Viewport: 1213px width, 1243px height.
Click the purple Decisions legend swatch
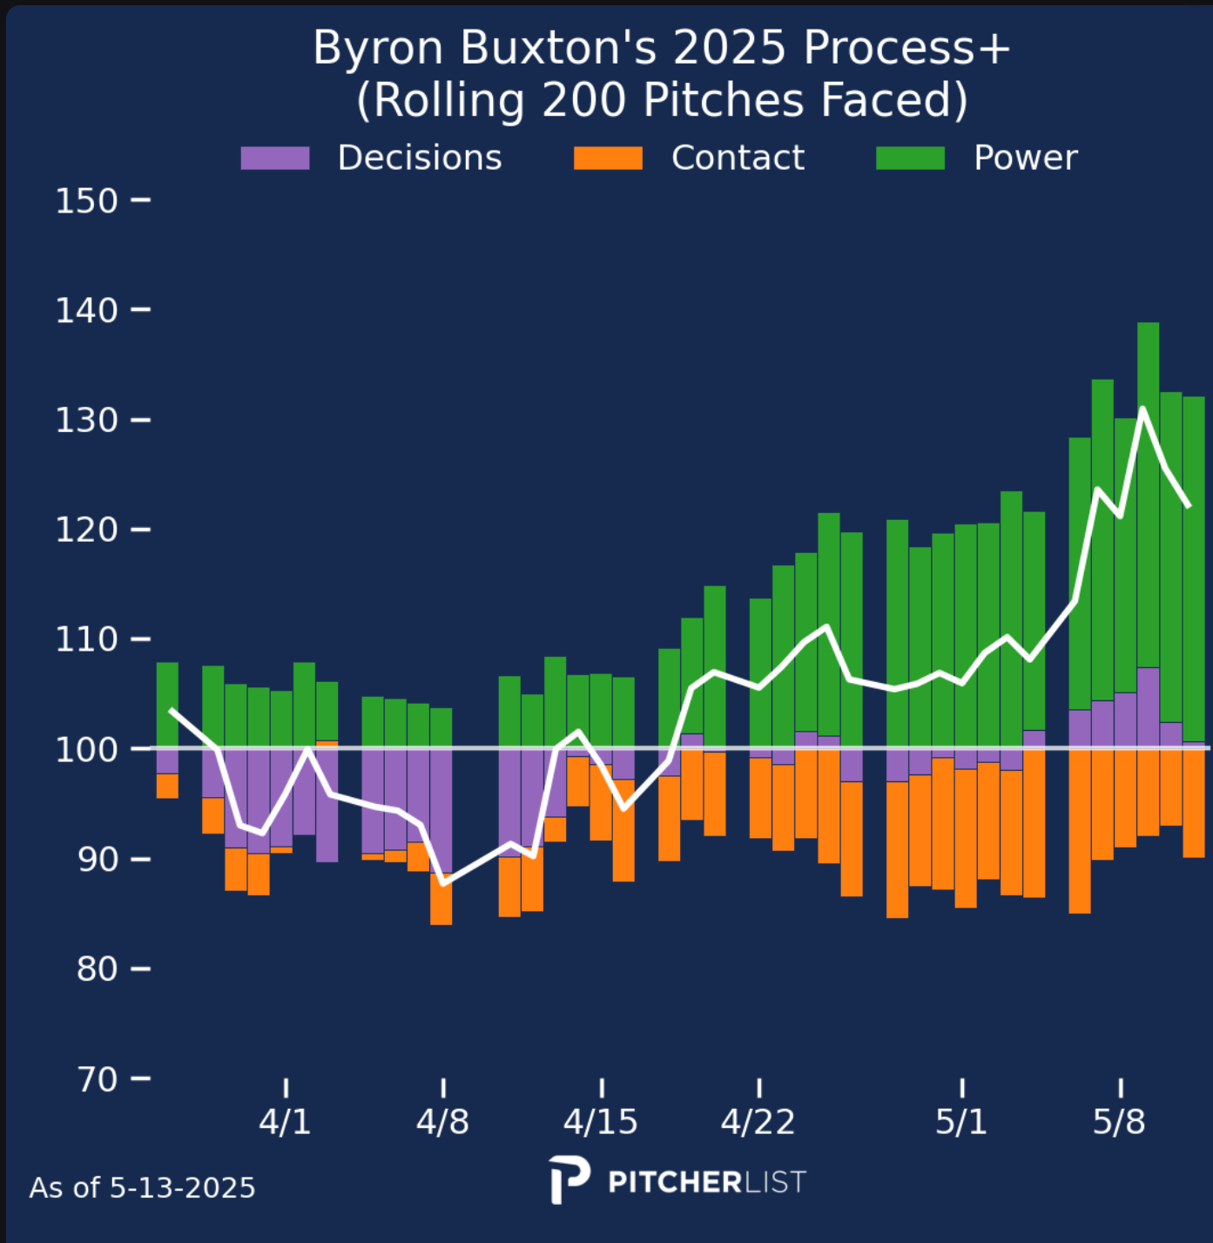pos(275,158)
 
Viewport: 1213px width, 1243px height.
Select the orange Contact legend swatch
pos(608,158)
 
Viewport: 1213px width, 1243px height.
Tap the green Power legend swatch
pos(910,158)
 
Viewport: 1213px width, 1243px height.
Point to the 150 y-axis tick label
pos(86,201)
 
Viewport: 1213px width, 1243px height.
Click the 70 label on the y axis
pos(97,1079)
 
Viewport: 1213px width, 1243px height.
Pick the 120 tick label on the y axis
pos(86,530)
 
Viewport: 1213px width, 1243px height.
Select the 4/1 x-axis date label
pos(285,1122)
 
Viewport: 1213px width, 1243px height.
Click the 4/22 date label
pos(758,1122)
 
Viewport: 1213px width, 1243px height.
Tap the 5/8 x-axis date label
pos(1119,1122)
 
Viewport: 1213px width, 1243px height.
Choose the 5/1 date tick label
pos(961,1122)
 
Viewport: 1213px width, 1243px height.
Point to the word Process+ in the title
pos(906,47)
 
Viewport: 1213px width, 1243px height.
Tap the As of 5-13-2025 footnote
pos(142,1188)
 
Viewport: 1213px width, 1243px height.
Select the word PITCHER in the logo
pos(674,1182)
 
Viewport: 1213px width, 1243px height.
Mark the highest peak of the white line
pos(1142,409)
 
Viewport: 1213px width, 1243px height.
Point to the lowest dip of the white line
pos(443,883)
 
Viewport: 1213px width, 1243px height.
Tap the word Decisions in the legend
pos(420,158)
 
